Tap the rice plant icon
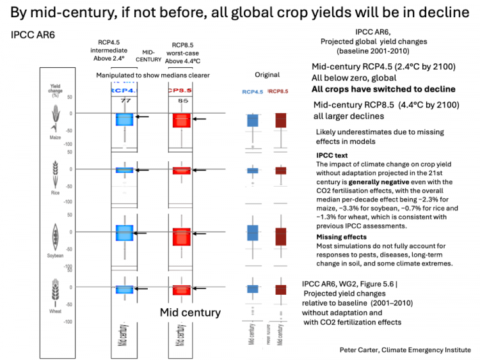[54, 173]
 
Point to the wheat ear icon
[54, 290]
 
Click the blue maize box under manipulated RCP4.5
[125, 119]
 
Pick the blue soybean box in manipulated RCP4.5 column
[125, 233]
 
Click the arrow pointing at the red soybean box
[200, 232]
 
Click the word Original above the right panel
[267, 74]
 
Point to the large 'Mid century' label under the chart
[190, 313]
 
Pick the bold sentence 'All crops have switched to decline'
[383, 89]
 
